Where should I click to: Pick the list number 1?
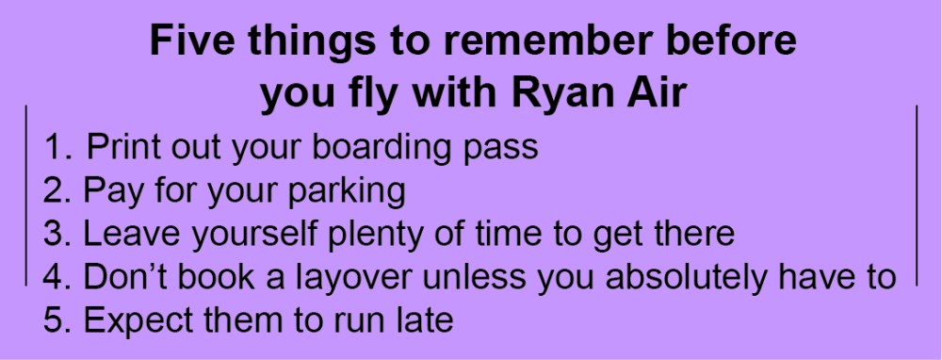[57, 148]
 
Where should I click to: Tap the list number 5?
[57, 320]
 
